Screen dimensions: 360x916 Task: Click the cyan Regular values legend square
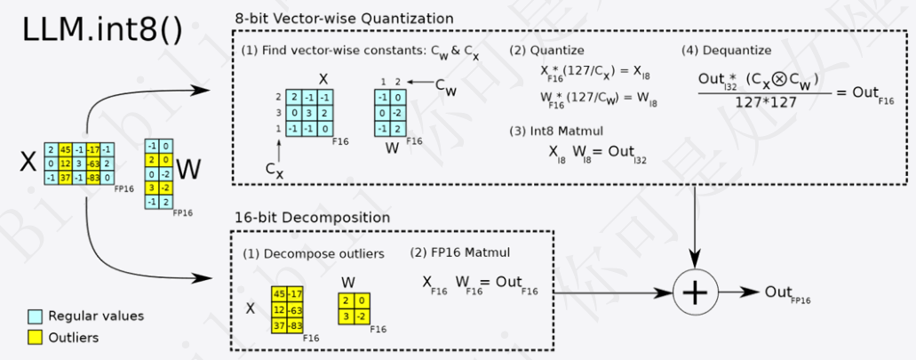click(x=36, y=316)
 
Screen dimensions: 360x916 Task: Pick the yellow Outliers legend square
click(x=36, y=338)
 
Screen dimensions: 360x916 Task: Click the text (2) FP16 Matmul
click(x=459, y=253)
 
